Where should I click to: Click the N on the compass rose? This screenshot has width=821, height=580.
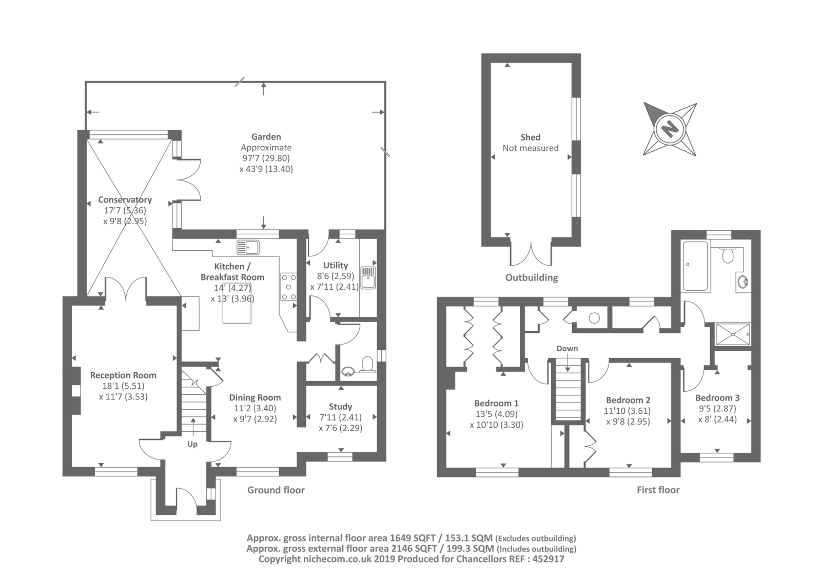[670, 129]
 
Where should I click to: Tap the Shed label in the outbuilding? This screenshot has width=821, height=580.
[531, 137]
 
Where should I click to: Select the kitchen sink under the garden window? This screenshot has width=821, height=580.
[248, 247]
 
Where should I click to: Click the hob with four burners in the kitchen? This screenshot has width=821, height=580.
[288, 287]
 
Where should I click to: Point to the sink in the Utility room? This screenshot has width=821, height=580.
[368, 278]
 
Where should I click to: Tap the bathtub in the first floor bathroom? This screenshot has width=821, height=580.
[695, 266]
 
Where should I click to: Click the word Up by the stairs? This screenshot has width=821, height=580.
[192, 444]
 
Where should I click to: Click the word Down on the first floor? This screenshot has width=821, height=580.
[567, 348]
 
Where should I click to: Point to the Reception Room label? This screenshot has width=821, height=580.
[123, 375]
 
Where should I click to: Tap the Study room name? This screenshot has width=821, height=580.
[341, 406]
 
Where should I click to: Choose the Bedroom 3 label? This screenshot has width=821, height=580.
[717, 397]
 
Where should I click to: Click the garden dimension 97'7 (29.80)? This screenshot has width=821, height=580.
[266, 158]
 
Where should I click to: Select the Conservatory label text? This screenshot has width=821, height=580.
[125, 199]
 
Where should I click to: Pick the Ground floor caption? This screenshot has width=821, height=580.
[276, 490]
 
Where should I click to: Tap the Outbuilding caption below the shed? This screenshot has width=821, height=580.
[532, 277]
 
